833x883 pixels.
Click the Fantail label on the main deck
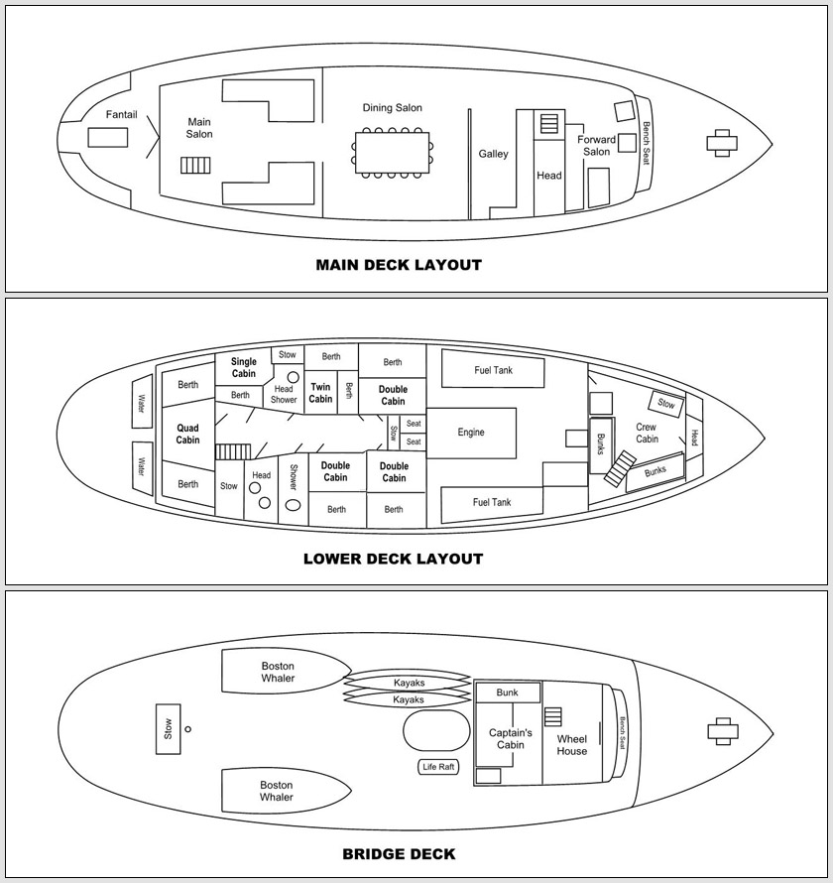coord(122,115)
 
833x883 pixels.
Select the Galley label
coord(494,154)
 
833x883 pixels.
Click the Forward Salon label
coord(597,145)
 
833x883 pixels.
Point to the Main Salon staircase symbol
coord(196,165)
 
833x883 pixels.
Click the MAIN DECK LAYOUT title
coord(399,265)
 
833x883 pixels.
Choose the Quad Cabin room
coord(188,434)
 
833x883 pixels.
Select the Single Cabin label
coord(244,367)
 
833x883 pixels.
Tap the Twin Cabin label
coord(320,393)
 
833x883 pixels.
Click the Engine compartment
coord(471,433)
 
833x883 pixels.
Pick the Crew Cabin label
coord(647,433)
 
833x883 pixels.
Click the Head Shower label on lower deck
coord(284,394)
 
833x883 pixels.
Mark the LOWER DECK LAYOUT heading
coord(393,559)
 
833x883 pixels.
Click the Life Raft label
coord(438,767)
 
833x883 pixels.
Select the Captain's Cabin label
coord(511,738)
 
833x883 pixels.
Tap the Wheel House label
coord(572,745)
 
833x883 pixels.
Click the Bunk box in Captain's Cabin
coord(508,693)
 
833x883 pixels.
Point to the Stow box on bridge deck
coord(168,728)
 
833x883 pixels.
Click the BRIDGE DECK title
coord(399,853)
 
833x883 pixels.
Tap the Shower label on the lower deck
coord(293,477)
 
